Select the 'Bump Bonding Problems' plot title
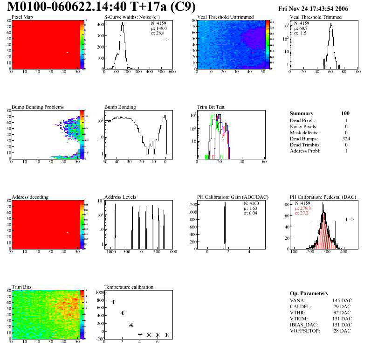click(x=38, y=107)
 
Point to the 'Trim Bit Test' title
click(x=211, y=107)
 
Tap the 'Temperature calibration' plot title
click(x=129, y=287)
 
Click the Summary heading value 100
click(x=345, y=113)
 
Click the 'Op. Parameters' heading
click(x=309, y=293)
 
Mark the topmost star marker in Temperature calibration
click(x=104, y=293)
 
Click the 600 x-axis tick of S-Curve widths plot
click(x=172, y=72)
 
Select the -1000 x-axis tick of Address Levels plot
click(x=110, y=252)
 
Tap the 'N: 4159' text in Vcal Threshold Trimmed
click(x=302, y=23)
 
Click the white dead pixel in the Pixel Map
click(x=68, y=52)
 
